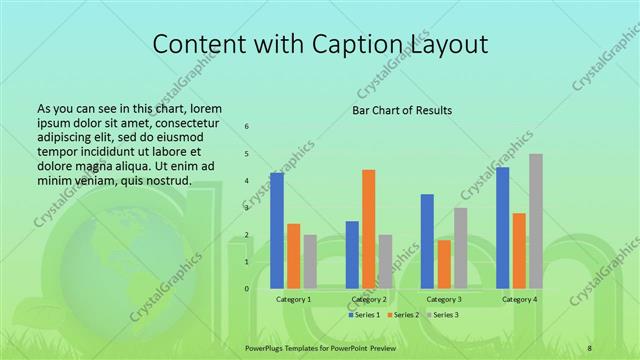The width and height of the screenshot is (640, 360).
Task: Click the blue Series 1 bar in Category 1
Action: click(277, 231)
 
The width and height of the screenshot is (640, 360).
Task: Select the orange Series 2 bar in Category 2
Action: click(369, 229)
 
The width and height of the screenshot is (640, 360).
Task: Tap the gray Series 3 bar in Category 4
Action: click(536, 221)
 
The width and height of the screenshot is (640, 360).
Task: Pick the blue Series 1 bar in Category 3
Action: click(427, 241)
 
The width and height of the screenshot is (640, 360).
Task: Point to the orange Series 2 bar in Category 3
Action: click(444, 264)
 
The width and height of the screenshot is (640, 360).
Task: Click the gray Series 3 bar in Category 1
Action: click(310, 261)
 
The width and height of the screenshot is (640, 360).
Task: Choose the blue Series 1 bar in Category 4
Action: click(503, 228)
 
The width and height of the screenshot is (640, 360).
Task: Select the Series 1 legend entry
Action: click(364, 316)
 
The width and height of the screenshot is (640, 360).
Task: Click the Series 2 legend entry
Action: click(403, 316)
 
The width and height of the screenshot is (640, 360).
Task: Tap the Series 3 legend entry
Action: click(442, 316)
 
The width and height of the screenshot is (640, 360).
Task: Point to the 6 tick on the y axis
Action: click(247, 127)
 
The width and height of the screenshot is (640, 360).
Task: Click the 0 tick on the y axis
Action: click(247, 289)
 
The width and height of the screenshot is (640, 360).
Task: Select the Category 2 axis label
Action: click(368, 300)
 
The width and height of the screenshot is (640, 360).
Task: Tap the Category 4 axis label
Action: click(519, 300)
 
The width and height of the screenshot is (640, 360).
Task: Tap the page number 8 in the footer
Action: click(590, 347)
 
